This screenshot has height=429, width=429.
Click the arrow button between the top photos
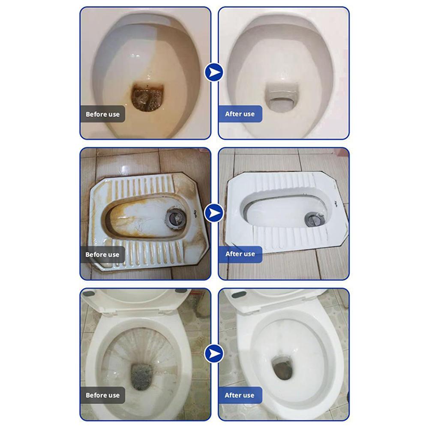(214, 72)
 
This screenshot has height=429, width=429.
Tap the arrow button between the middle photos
(214, 213)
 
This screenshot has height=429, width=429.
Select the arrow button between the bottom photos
(214, 354)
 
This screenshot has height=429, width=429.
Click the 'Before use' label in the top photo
(102, 114)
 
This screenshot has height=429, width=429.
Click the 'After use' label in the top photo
(240, 114)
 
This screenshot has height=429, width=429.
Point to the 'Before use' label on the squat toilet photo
(102, 255)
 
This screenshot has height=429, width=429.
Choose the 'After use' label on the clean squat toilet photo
(240, 254)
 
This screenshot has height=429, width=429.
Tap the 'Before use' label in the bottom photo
(102, 395)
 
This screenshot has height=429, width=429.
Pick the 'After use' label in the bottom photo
(240, 395)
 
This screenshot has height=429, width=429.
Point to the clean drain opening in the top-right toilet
(281, 99)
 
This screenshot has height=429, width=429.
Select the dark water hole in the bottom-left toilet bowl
(141, 376)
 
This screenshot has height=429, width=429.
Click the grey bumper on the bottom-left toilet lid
(89, 294)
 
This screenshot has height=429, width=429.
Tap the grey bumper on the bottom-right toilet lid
(239, 294)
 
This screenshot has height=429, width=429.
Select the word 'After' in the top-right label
(233, 114)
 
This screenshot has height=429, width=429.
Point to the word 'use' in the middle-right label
(249, 254)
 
